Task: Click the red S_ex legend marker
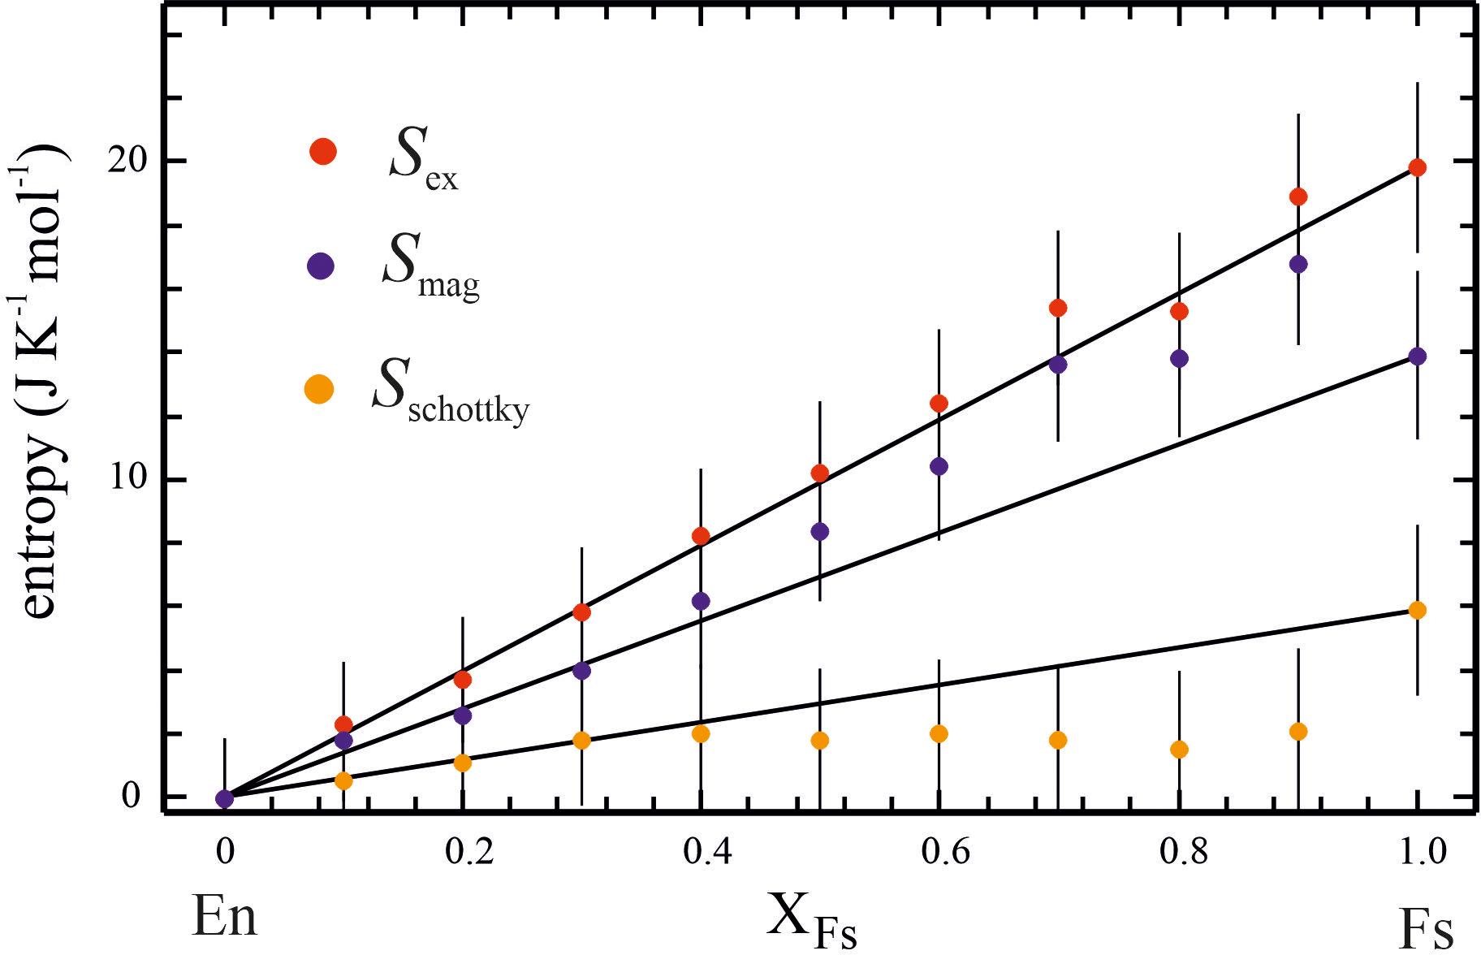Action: (x=323, y=151)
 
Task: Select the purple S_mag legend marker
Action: (x=322, y=266)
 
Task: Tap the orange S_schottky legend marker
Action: (x=319, y=389)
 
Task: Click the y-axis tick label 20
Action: (x=127, y=160)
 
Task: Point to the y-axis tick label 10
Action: (x=127, y=478)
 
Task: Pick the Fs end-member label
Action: (x=1426, y=927)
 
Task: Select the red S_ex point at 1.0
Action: (x=1418, y=168)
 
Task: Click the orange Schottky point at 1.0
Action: (x=1418, y=611)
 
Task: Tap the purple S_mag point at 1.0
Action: (x=1418, y=357)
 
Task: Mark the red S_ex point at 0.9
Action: (x=1298, y=197)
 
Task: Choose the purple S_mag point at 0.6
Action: (x=939, y=466)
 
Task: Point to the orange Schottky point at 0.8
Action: (x=1179, y=750)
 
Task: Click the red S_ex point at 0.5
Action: (x=820, y=473)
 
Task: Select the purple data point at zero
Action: (x=225, y=799)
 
